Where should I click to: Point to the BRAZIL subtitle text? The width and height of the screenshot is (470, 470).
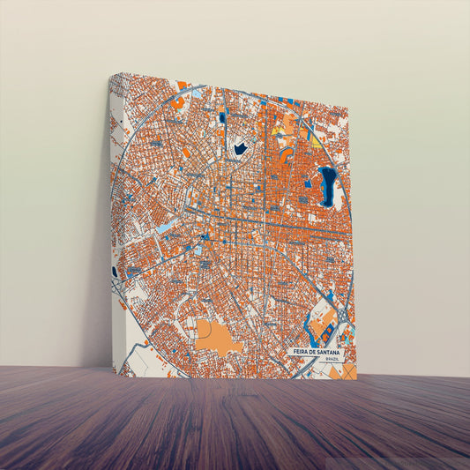click(x=332, y=359)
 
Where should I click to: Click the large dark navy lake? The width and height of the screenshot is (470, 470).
click(x=328, y=185)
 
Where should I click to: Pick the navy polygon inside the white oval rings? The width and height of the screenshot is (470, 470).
click(x=240, y=148)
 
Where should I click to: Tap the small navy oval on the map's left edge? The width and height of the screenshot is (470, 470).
click(x=115, y=272)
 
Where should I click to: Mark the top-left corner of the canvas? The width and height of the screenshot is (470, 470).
click(x=111, y=74)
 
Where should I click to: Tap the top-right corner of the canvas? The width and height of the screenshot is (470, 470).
click(x=347, y=110)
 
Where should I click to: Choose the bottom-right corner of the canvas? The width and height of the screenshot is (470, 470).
click(x=356, y=379)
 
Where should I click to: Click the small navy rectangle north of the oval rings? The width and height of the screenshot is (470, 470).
click(x=223, y=116)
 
